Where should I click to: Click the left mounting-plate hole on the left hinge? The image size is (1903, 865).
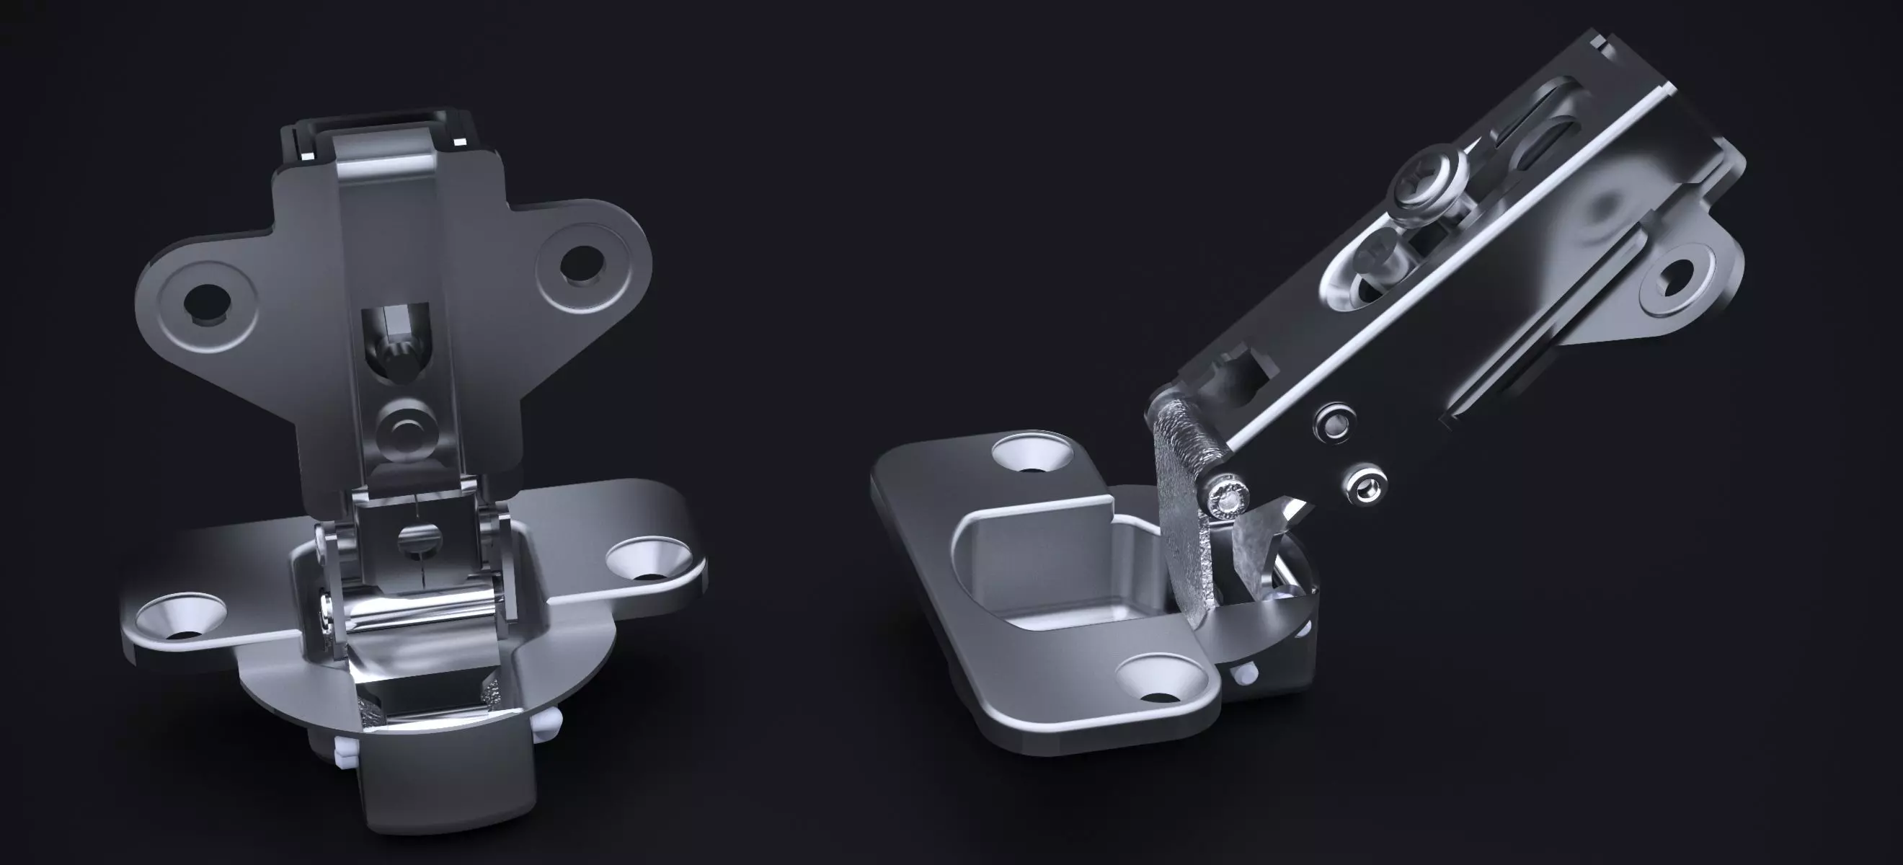click(205, 302)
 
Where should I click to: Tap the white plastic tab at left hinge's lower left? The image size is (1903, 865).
click(345, 770)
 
